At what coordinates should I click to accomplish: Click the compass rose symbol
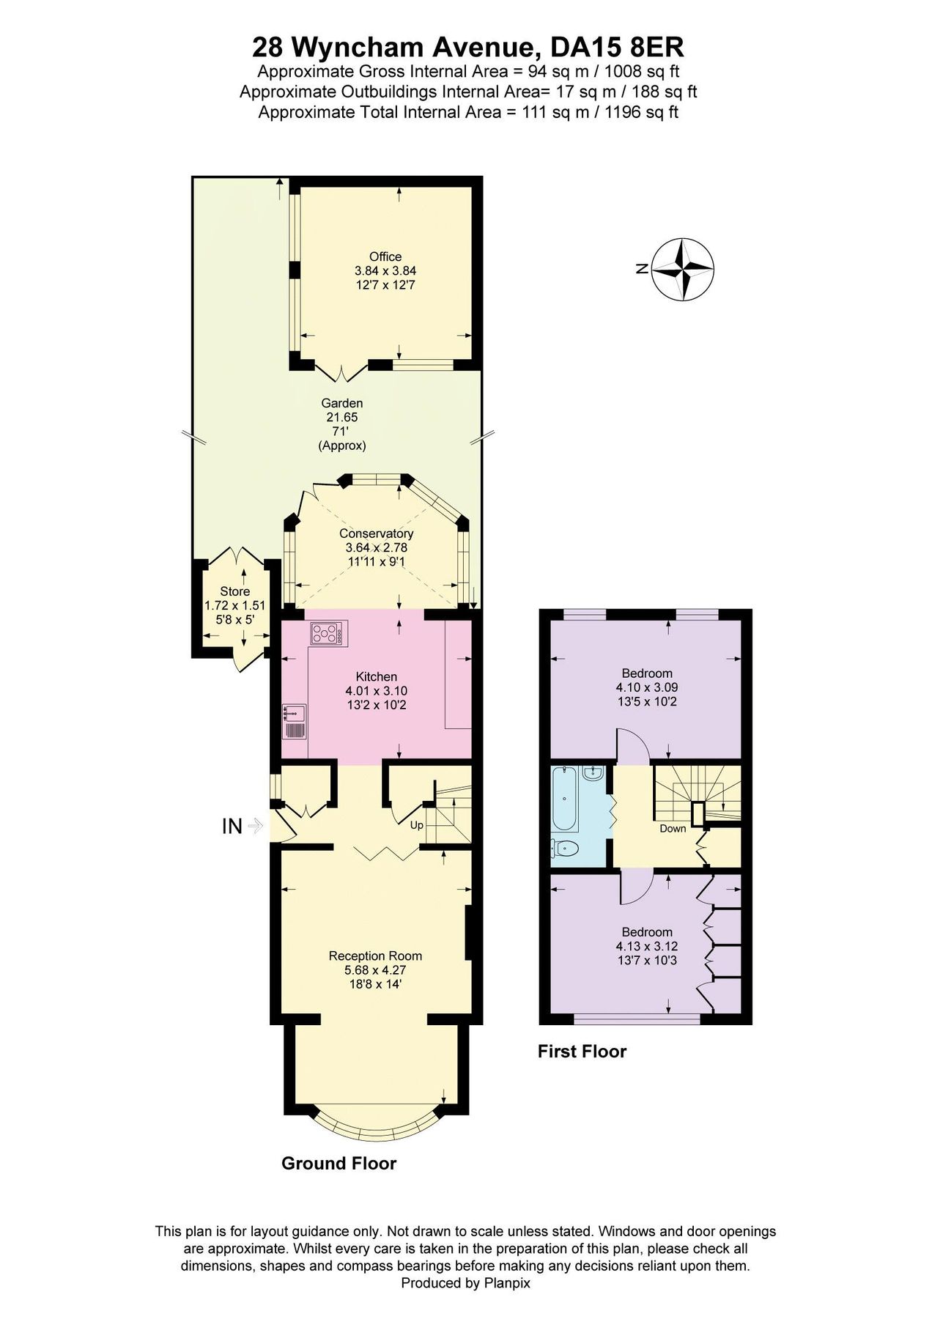(x=683, y=269)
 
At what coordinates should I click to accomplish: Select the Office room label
(x=385, y=256)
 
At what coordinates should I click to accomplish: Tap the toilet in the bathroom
(x=566, y=849)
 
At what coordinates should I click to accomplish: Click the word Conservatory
(x=376, y=533)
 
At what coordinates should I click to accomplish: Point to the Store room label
(x=234, y=591)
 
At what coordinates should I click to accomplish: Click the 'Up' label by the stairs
(x=417, y=825)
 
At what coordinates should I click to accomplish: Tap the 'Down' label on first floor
(x=673, y=829)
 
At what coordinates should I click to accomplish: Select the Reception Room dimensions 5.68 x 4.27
(x=375, y=969)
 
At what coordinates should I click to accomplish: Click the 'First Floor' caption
(x=582, y=1052)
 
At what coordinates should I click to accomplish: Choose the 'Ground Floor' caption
(x=339, y=1164)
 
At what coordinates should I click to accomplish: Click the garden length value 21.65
(x=341, y=417)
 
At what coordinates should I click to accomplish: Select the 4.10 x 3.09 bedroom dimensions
(x=647, y=687)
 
